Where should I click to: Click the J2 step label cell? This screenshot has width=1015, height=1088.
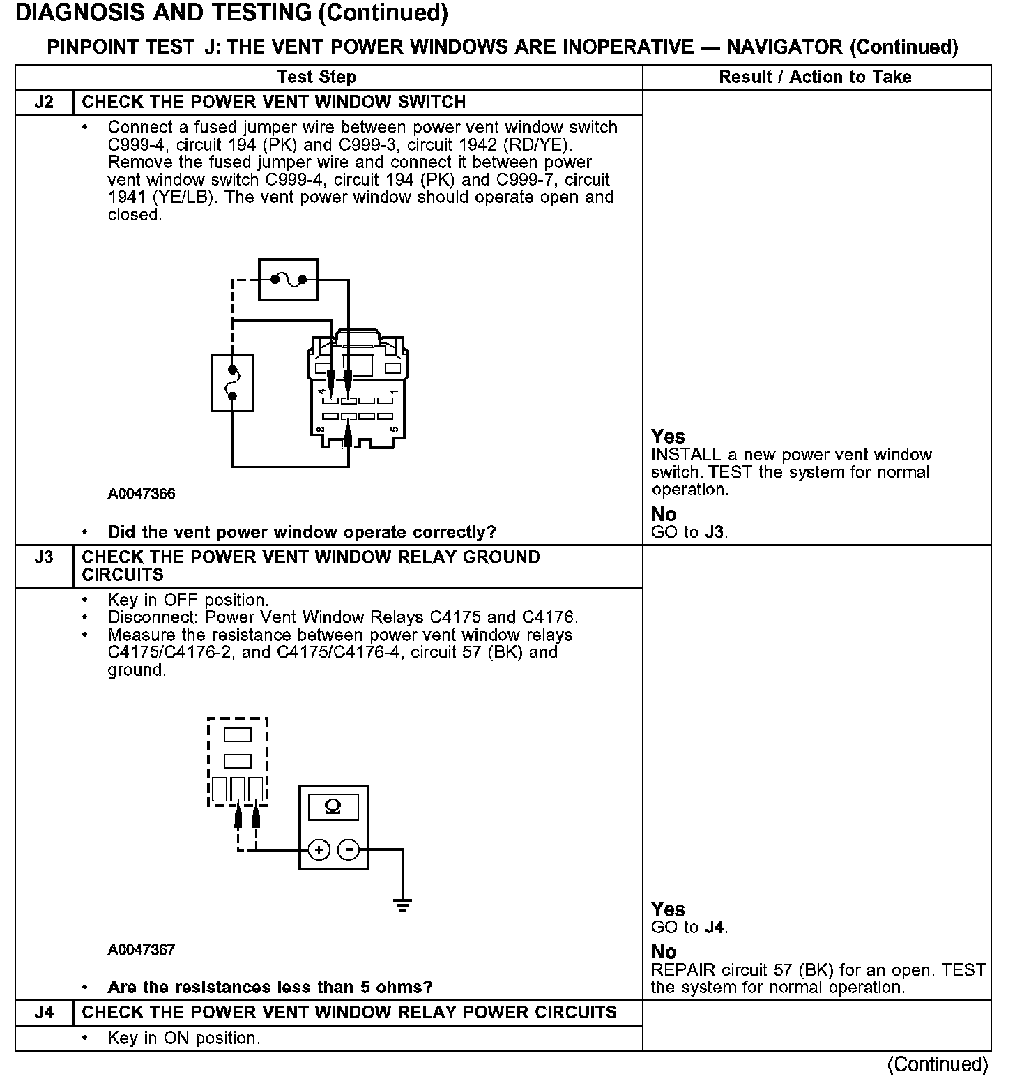[44, 103]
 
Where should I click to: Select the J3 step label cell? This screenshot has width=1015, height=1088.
[44, 557]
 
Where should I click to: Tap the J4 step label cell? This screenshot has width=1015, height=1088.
[44, 1013]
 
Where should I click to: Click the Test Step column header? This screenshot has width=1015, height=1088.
[316, 77]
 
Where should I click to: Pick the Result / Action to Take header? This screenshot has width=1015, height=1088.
[815, 77]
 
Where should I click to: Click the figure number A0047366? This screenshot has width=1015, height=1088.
[142, 494]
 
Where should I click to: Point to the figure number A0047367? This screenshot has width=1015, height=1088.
[142, 949]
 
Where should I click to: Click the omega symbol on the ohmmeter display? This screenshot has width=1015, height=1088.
[333, 807]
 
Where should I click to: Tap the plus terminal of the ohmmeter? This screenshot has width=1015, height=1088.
[319, 850]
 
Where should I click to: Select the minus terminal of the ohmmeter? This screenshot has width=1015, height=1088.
[349, 850]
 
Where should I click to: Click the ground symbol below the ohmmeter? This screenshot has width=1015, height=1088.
[402, 906]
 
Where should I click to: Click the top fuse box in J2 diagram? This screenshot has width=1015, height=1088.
[289, 280]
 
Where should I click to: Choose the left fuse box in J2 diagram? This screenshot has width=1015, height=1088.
[232, 383]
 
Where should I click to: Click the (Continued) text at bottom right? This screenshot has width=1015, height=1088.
[938, 1064]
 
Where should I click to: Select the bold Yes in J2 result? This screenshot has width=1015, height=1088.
[668, 437]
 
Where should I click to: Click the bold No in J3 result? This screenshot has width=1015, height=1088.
[664, 952]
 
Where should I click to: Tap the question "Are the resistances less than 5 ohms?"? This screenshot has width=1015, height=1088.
[270, 987]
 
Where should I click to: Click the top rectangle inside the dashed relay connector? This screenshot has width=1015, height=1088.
[238, 734]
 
